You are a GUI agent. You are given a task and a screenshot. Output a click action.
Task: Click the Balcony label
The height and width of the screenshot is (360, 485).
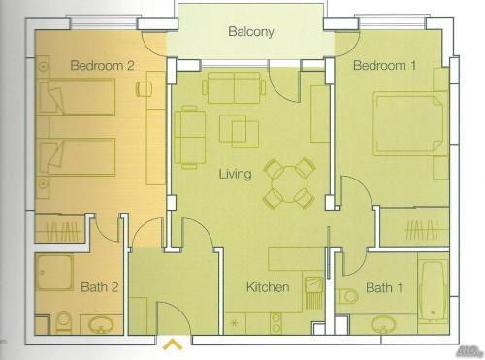tap(251, 32)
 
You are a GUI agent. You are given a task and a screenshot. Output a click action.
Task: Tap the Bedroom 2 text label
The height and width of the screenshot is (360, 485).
tap(102, 66)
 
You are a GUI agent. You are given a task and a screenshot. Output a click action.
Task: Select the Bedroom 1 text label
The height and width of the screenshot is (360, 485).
tap(384, 66)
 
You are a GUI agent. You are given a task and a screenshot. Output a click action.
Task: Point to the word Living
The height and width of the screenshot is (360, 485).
tap(235, 175)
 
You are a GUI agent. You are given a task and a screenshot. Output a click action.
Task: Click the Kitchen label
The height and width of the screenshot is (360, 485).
tap(267, 288)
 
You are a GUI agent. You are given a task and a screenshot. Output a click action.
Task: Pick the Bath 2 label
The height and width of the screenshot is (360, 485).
tap(99, 288)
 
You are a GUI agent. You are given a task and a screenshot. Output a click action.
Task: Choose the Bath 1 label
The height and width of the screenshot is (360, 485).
tap(384, 288)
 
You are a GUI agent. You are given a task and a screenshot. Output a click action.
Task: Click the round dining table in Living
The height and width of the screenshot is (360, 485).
tap(289, 182)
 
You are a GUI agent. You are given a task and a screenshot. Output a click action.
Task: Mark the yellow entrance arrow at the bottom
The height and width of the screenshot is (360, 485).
tap(174, 343)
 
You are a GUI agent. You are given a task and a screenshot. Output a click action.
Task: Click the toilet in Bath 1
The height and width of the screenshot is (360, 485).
tap(348, 296)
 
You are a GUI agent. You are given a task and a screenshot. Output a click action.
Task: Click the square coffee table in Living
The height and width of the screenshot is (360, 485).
tap(240, 131)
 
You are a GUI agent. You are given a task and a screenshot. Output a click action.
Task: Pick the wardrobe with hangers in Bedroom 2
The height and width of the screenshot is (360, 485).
tap(61, 232)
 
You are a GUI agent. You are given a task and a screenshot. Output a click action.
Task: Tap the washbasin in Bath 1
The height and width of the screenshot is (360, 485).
tap(378, 323)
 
